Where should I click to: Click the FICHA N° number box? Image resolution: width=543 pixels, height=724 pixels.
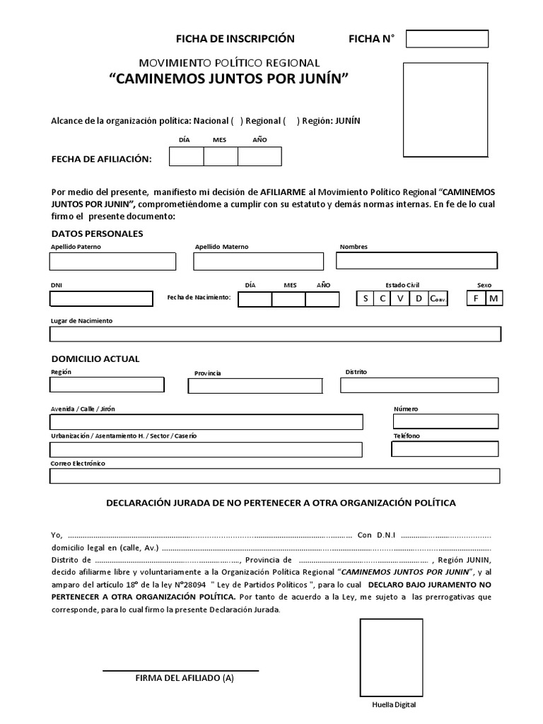(x=447, y=39)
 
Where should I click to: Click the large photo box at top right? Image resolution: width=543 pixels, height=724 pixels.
(x=445, y=110)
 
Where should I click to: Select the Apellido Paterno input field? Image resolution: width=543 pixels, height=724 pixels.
(x=112, y=262)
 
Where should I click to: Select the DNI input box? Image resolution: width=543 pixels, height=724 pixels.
(x=101, y=298)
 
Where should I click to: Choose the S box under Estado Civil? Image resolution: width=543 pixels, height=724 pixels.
(x=366, y=298)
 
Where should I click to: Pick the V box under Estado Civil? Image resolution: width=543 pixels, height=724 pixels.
(x=400, y=298)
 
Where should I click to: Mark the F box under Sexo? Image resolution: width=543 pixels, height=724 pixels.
(x=476, y=298)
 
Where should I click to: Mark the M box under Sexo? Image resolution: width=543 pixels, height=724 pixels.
(x=494, y=298)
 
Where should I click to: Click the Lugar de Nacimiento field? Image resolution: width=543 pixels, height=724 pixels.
(x=275, y=334)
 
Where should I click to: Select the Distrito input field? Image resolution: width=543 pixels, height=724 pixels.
(x=419, y=385)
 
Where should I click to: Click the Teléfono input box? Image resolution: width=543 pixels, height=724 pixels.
(x=445, y=449)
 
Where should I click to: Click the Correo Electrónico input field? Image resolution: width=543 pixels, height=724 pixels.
(x=274, y=476)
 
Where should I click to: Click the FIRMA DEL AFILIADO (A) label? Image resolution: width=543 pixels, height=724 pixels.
(x=184, y=678)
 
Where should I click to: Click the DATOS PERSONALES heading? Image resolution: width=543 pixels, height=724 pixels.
(x=97, y=233)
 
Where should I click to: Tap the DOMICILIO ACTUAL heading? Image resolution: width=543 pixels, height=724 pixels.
(x=95, y=358)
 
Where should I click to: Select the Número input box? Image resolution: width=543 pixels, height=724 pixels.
(x=445, y=421)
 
